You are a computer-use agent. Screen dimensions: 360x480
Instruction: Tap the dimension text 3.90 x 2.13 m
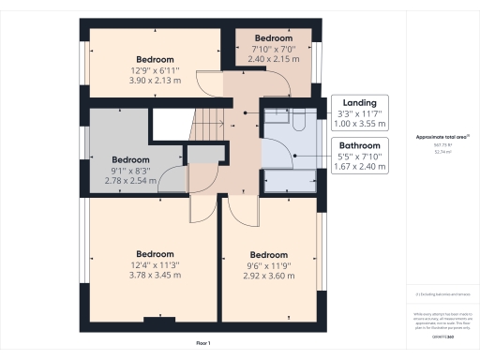pos(155,81)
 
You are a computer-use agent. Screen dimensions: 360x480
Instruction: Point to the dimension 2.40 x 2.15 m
pos(275,58)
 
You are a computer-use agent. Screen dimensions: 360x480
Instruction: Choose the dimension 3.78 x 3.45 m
pos(155,275)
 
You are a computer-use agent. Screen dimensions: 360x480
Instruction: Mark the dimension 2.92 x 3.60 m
pos(269,275)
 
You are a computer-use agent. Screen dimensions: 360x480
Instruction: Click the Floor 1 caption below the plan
pos(202,344)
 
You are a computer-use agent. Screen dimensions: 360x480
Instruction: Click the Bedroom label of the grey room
pos(131,158)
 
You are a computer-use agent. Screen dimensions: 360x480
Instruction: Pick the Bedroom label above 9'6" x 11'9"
pos(269,254)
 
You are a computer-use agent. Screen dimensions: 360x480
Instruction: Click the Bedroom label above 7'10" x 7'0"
pos(275,38)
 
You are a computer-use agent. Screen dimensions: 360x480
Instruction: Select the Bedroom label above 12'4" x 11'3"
pos(155,254)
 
